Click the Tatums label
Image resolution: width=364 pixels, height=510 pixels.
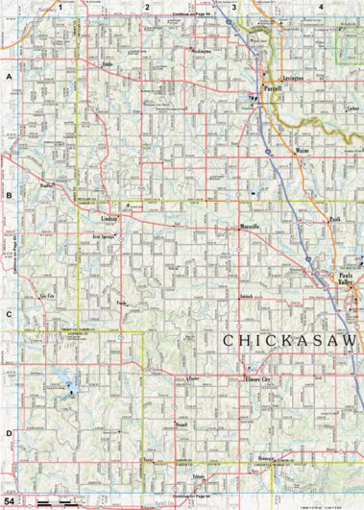[199, 476]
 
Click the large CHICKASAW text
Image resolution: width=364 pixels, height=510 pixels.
[288, 341]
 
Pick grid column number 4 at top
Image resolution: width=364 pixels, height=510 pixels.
[319, 7]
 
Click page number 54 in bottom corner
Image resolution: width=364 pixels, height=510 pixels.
[10, 501]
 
